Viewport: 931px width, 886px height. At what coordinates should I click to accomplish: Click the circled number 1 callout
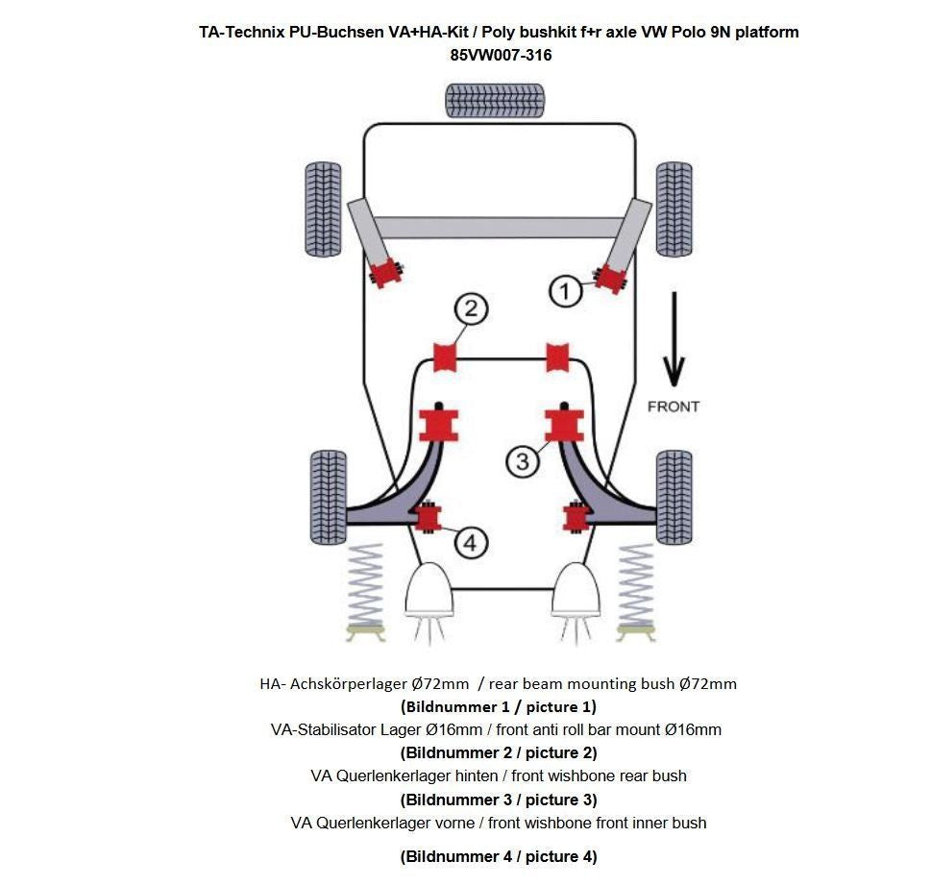566,291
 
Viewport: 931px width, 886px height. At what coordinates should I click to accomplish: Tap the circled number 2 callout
471,309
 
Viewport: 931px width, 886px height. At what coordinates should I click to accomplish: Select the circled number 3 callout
522,461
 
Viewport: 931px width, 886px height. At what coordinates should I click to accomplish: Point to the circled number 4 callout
469,543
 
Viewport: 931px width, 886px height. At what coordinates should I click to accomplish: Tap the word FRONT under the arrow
674,406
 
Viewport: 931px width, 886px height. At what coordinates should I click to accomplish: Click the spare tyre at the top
495,100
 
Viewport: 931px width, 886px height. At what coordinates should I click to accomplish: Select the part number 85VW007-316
501,56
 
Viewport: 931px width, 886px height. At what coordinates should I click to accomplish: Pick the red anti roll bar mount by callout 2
444,356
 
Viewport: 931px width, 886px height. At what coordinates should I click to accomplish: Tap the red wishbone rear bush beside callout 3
564,425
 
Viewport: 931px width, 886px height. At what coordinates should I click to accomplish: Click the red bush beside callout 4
428,518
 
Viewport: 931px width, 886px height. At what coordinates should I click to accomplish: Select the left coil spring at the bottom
364,587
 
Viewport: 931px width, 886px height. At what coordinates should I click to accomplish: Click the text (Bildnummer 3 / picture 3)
499,800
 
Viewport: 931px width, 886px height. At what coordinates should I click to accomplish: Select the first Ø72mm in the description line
440,684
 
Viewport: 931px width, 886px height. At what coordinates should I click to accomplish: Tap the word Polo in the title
684,32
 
